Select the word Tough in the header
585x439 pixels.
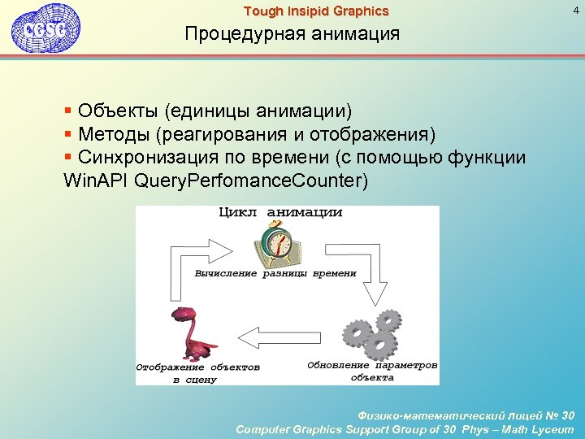click(x=262, y=11)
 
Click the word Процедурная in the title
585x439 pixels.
click(x=236, y=34)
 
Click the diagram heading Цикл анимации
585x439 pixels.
click(x=280, y=212)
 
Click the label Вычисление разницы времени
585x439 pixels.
click(x=275, y=274)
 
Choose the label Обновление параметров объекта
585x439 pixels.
click(x=372, y=371)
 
